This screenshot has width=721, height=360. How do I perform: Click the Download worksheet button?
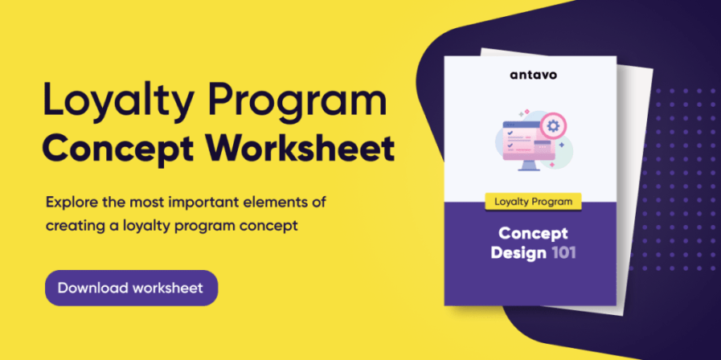[131, 287]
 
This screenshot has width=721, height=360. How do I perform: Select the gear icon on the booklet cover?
[551, 126]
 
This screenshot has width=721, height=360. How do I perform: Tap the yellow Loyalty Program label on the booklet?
[531, 201]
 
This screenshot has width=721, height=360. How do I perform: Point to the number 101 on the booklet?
[563, 253]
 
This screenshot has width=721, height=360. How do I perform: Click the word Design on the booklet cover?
[522, 253]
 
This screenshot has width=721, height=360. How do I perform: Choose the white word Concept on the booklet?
[532, 234]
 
